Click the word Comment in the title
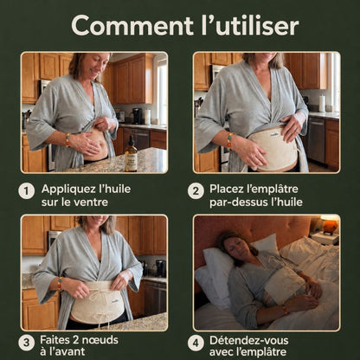132,25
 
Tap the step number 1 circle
27,191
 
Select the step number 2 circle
196,191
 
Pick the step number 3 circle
27,343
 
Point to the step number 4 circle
196,343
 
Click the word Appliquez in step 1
68,190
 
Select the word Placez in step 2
228,189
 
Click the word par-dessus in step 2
238,202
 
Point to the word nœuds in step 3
101,340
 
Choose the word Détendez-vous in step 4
249,340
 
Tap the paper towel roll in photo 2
322,103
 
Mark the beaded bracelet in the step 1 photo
67,140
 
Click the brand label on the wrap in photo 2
273,134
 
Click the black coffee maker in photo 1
137,116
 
